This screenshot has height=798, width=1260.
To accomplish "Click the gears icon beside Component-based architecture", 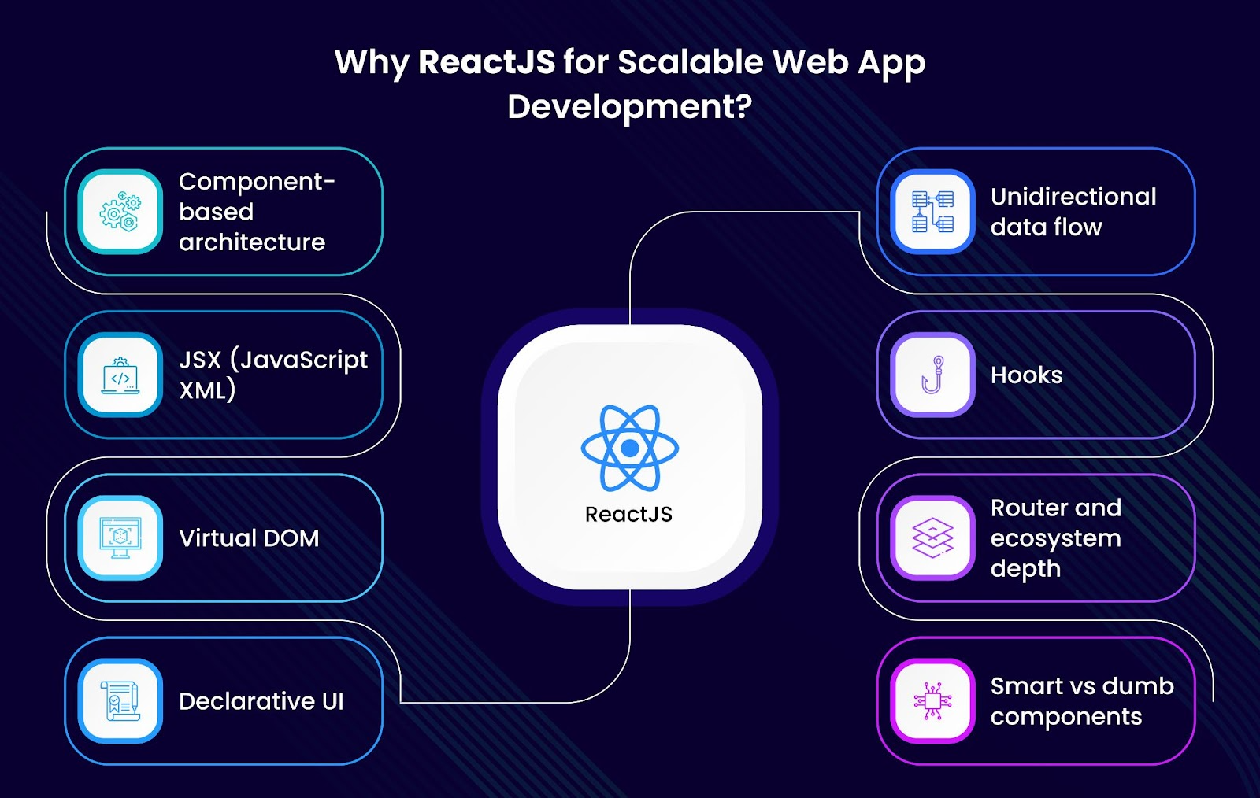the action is (120, 211).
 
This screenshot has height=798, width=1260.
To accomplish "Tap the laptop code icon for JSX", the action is (120, 375).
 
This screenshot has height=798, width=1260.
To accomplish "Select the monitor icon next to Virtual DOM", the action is (120, 538).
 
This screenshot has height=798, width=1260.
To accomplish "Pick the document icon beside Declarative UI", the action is (120, 700).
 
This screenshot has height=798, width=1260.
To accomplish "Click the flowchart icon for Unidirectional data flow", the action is (932, 212).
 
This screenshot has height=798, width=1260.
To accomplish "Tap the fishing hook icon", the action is (932, 375).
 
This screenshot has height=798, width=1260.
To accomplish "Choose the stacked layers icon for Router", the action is (932, 538).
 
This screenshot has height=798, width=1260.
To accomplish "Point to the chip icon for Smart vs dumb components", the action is (932, 700).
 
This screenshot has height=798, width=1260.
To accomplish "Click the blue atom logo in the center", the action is (630, 448).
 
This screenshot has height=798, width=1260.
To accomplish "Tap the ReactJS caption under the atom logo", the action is (629, 514).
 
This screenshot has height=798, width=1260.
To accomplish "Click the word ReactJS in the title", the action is (487, 61).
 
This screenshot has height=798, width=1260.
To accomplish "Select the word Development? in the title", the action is (630, 106).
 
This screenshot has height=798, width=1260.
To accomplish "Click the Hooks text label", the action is (1027, 375).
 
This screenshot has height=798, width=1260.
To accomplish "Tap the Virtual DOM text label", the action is (249, 538).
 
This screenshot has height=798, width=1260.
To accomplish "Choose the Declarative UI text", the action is (261, 700).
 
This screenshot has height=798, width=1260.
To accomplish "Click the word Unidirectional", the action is (1073, 197).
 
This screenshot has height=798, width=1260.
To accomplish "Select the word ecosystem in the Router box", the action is (1056, 539).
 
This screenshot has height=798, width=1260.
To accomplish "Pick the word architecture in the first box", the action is (252, 242).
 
